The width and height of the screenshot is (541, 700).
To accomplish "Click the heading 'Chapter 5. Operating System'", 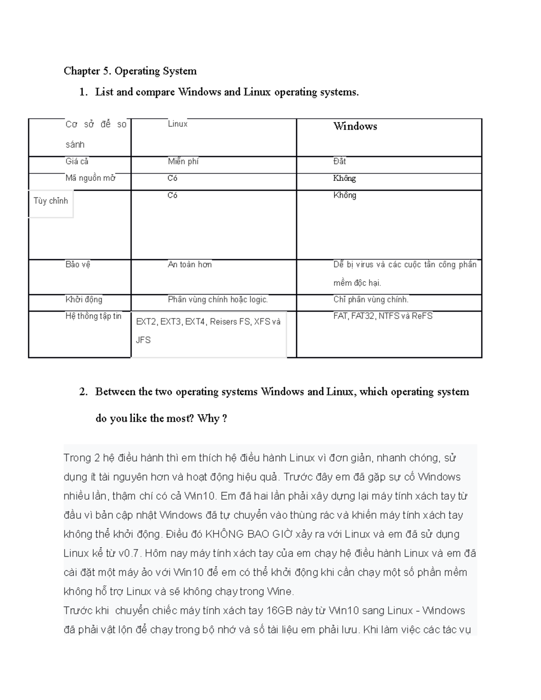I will click(130, 71).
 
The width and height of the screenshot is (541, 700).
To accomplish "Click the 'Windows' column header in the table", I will click(355, 126).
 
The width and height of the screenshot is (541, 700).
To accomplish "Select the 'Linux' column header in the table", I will click(178, 124).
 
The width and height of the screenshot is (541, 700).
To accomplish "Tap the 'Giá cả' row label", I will click(77, 161).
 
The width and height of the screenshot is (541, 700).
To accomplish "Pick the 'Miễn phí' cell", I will click(183, 161).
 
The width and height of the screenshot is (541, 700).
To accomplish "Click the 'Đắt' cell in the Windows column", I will click(339, 161).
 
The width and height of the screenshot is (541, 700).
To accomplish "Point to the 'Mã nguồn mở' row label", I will click(90, 178).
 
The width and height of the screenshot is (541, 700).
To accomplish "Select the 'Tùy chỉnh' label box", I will click(50, 201).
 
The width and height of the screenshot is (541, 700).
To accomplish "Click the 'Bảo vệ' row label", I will click(78, 265).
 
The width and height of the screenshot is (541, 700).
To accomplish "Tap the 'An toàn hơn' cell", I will click(189, 265).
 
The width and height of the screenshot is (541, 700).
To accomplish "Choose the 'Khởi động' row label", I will click(84, 300).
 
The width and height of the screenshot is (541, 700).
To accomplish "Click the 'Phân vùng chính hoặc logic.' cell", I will click(218, 300).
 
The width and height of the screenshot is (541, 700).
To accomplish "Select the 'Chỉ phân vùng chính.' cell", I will click(371, 300).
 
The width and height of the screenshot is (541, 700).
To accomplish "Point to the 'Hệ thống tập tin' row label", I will click(93, 316).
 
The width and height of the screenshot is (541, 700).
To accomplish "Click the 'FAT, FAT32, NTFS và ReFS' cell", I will click(383, 316).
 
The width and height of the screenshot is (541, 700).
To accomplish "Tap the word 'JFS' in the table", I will click(143, 340).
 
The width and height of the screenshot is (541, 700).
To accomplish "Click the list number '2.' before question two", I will click(83, 392).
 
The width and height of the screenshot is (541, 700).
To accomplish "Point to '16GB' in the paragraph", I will click(279, 611).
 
